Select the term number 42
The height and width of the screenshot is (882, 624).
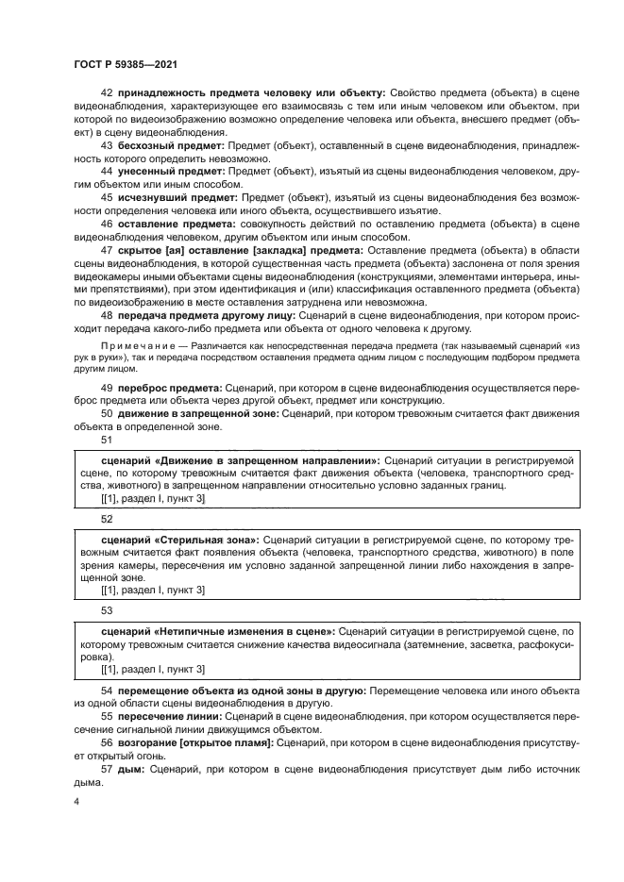tap(106, 92)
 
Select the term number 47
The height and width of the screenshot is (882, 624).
tap(106, 253)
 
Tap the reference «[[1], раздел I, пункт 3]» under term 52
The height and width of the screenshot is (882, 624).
tap(152, 590)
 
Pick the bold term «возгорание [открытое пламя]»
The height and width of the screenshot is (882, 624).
tap(196, 744)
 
